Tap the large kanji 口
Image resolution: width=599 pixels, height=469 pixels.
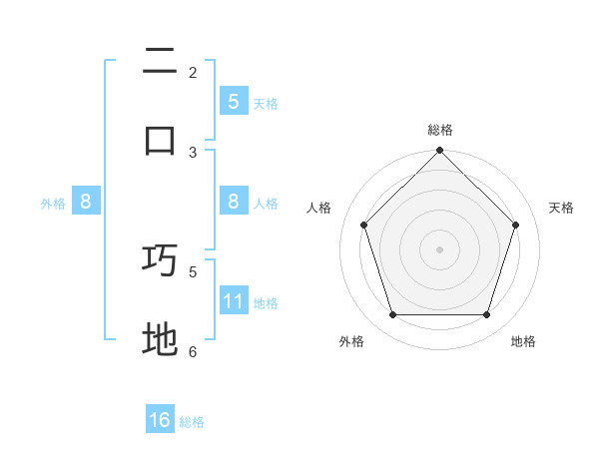pyautogui.click(x=160, y=140)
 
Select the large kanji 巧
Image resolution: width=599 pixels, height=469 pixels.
pyautogui.click(x=160, y=260)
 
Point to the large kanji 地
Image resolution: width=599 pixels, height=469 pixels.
pyautogui.click(x=160, y=339)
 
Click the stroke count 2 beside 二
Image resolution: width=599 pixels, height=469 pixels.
pyautogui.click(x=193, y=72)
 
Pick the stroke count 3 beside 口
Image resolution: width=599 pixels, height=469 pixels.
pyautogui.click(x=193, y=152)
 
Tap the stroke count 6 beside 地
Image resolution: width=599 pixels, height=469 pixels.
pyautogui.click(x=193, y=351)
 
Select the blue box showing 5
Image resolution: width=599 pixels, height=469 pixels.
pyautogui.click(x=234, y=101)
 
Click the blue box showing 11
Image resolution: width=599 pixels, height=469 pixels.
pyautogui.click(x=234, y=301)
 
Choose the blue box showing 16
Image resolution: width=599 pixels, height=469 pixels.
pyautogui.click(x=160, y=420)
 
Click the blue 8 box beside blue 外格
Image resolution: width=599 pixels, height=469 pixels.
pyautogui.click(x=86, y=202)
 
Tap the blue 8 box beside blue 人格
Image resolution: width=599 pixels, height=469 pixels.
pyautogui.click(x=234, y=202)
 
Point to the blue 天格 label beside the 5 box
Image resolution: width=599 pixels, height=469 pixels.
pyautogui.click(x=266, y=103)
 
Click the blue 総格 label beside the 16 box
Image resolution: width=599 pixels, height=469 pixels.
pyautogui.click(x=192, y=422)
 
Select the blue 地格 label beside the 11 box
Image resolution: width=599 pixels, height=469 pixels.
pyautogui.click(x=266, y=303)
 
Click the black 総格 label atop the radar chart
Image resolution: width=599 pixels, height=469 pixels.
pyautogui.click(x=439, y=130)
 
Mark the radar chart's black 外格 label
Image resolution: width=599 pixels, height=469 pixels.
pyautogui.click(x=351, y=341)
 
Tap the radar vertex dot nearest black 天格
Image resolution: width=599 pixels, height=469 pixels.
pyautogui.click(x=515, y=225)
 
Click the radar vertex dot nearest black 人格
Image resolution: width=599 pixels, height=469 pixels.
pyautogui.click(x=363, y=225)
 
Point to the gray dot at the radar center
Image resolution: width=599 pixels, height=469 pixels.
pyautogui.click(x=439, y=249)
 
